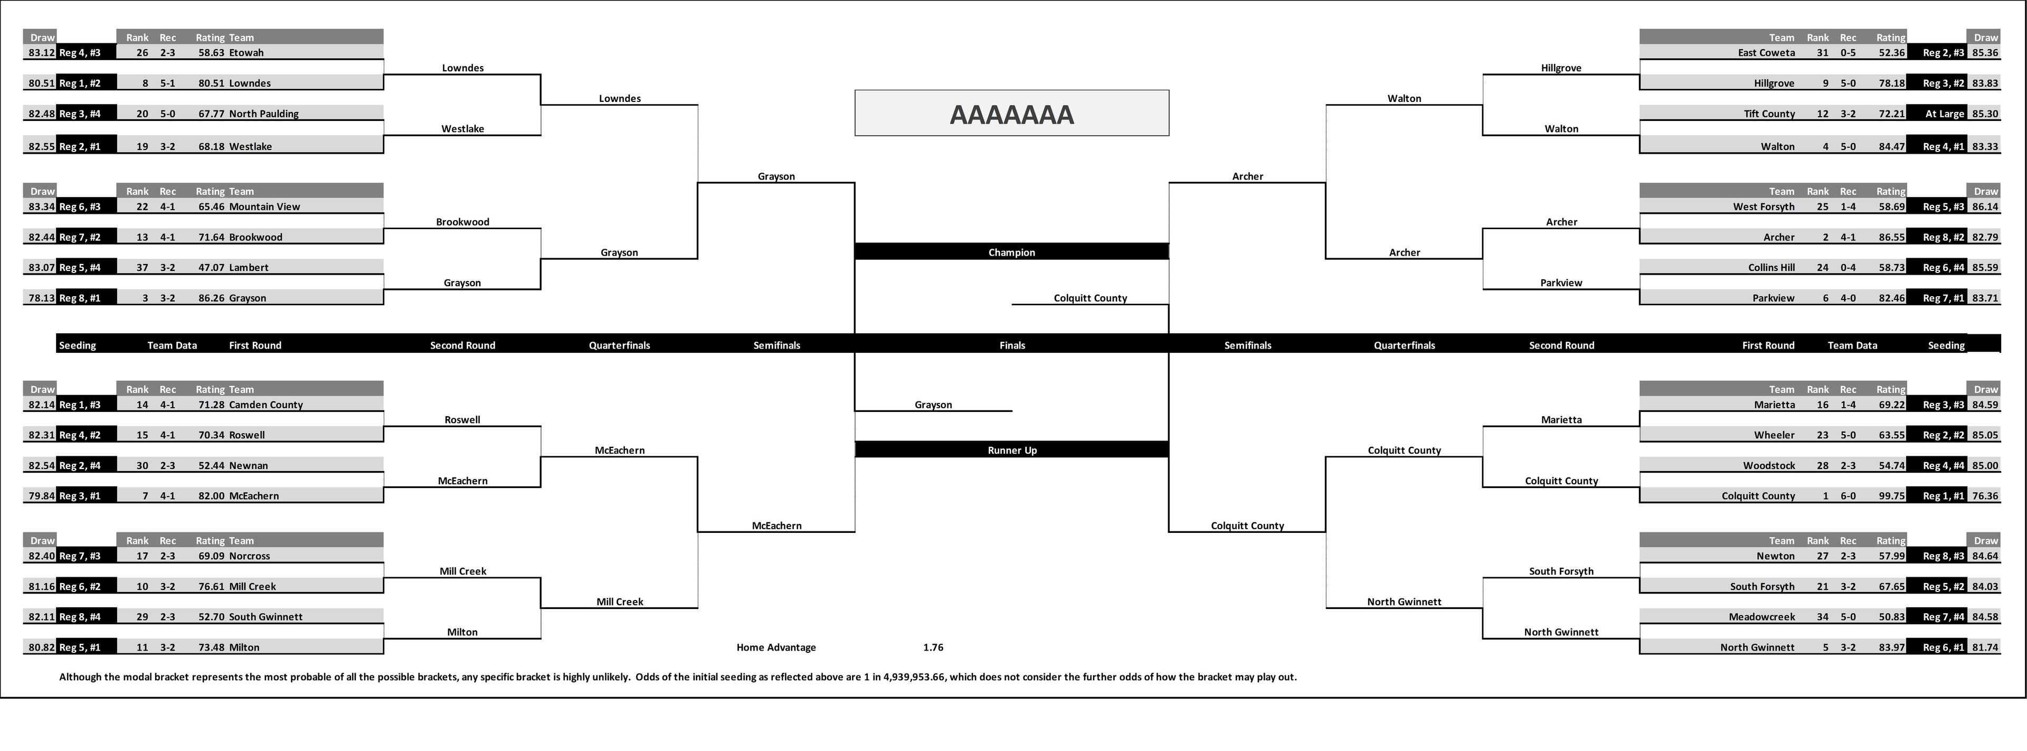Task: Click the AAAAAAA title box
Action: [x=1011, y=114]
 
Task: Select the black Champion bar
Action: [x=1011, y=252]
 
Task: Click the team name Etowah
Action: [x=247, y=53]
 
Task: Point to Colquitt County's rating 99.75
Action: [x=1890, y=496]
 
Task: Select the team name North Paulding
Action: [x=263, y=114]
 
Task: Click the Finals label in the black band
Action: [x=1012, y=345]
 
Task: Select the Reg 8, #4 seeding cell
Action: [x=80, y=616]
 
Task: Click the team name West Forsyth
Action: [x=1764, y=206]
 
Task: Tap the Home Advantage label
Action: [x=776, y=647]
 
